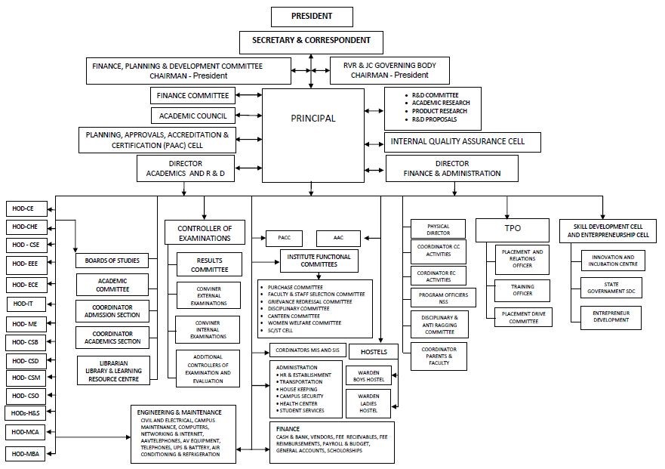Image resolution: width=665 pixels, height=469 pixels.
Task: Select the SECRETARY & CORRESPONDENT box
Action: coord(311,41)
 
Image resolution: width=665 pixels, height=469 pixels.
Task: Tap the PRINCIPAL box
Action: coord(313,119)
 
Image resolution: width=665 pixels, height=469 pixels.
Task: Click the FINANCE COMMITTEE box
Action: coord(192,96)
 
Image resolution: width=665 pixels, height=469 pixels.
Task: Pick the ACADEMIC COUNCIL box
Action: coord(192,116)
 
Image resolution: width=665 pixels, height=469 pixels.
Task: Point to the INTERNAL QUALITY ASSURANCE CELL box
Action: coord(464,141)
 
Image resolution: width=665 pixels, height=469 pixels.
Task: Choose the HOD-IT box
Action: coord(26,304)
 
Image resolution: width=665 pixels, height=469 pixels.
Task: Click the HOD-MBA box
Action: coord(26,453)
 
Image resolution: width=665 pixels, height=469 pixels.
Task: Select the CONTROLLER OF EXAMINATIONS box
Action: coord(204,233)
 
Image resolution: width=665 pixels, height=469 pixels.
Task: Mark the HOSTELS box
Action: coord(374,352)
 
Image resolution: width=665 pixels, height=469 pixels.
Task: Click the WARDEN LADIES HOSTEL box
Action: coord(368,403)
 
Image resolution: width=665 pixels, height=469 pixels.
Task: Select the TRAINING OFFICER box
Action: coord(522,290)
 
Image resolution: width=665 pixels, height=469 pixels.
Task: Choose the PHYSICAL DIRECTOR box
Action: coord(438,230)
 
